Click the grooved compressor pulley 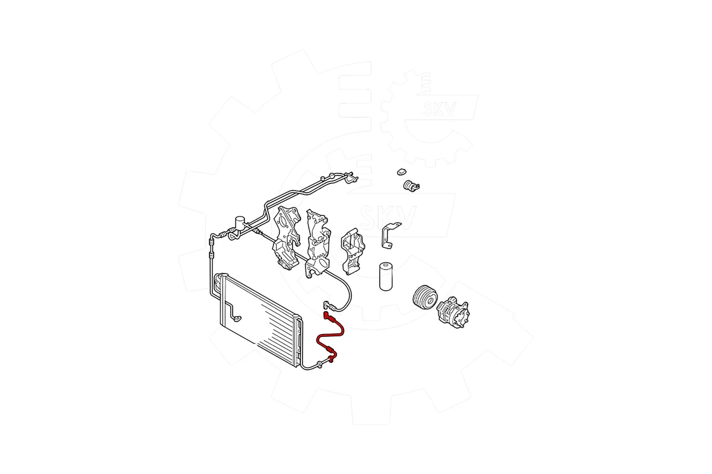coord(425,298)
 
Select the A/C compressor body coord(453,313)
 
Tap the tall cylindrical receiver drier coord(386,276)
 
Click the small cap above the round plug coord(402,172)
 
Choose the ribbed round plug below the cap coord(411,186)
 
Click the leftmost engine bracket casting coord(287,238)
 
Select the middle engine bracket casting coord(318,243)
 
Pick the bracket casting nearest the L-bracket coord(353,251)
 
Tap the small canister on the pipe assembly coord(240,222)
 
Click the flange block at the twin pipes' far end coord(351,178)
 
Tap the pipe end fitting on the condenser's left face coord(237,317)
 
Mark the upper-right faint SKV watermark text coord(440,109)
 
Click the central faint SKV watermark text coord(388,218)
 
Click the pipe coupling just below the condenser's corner coord(319,365)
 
